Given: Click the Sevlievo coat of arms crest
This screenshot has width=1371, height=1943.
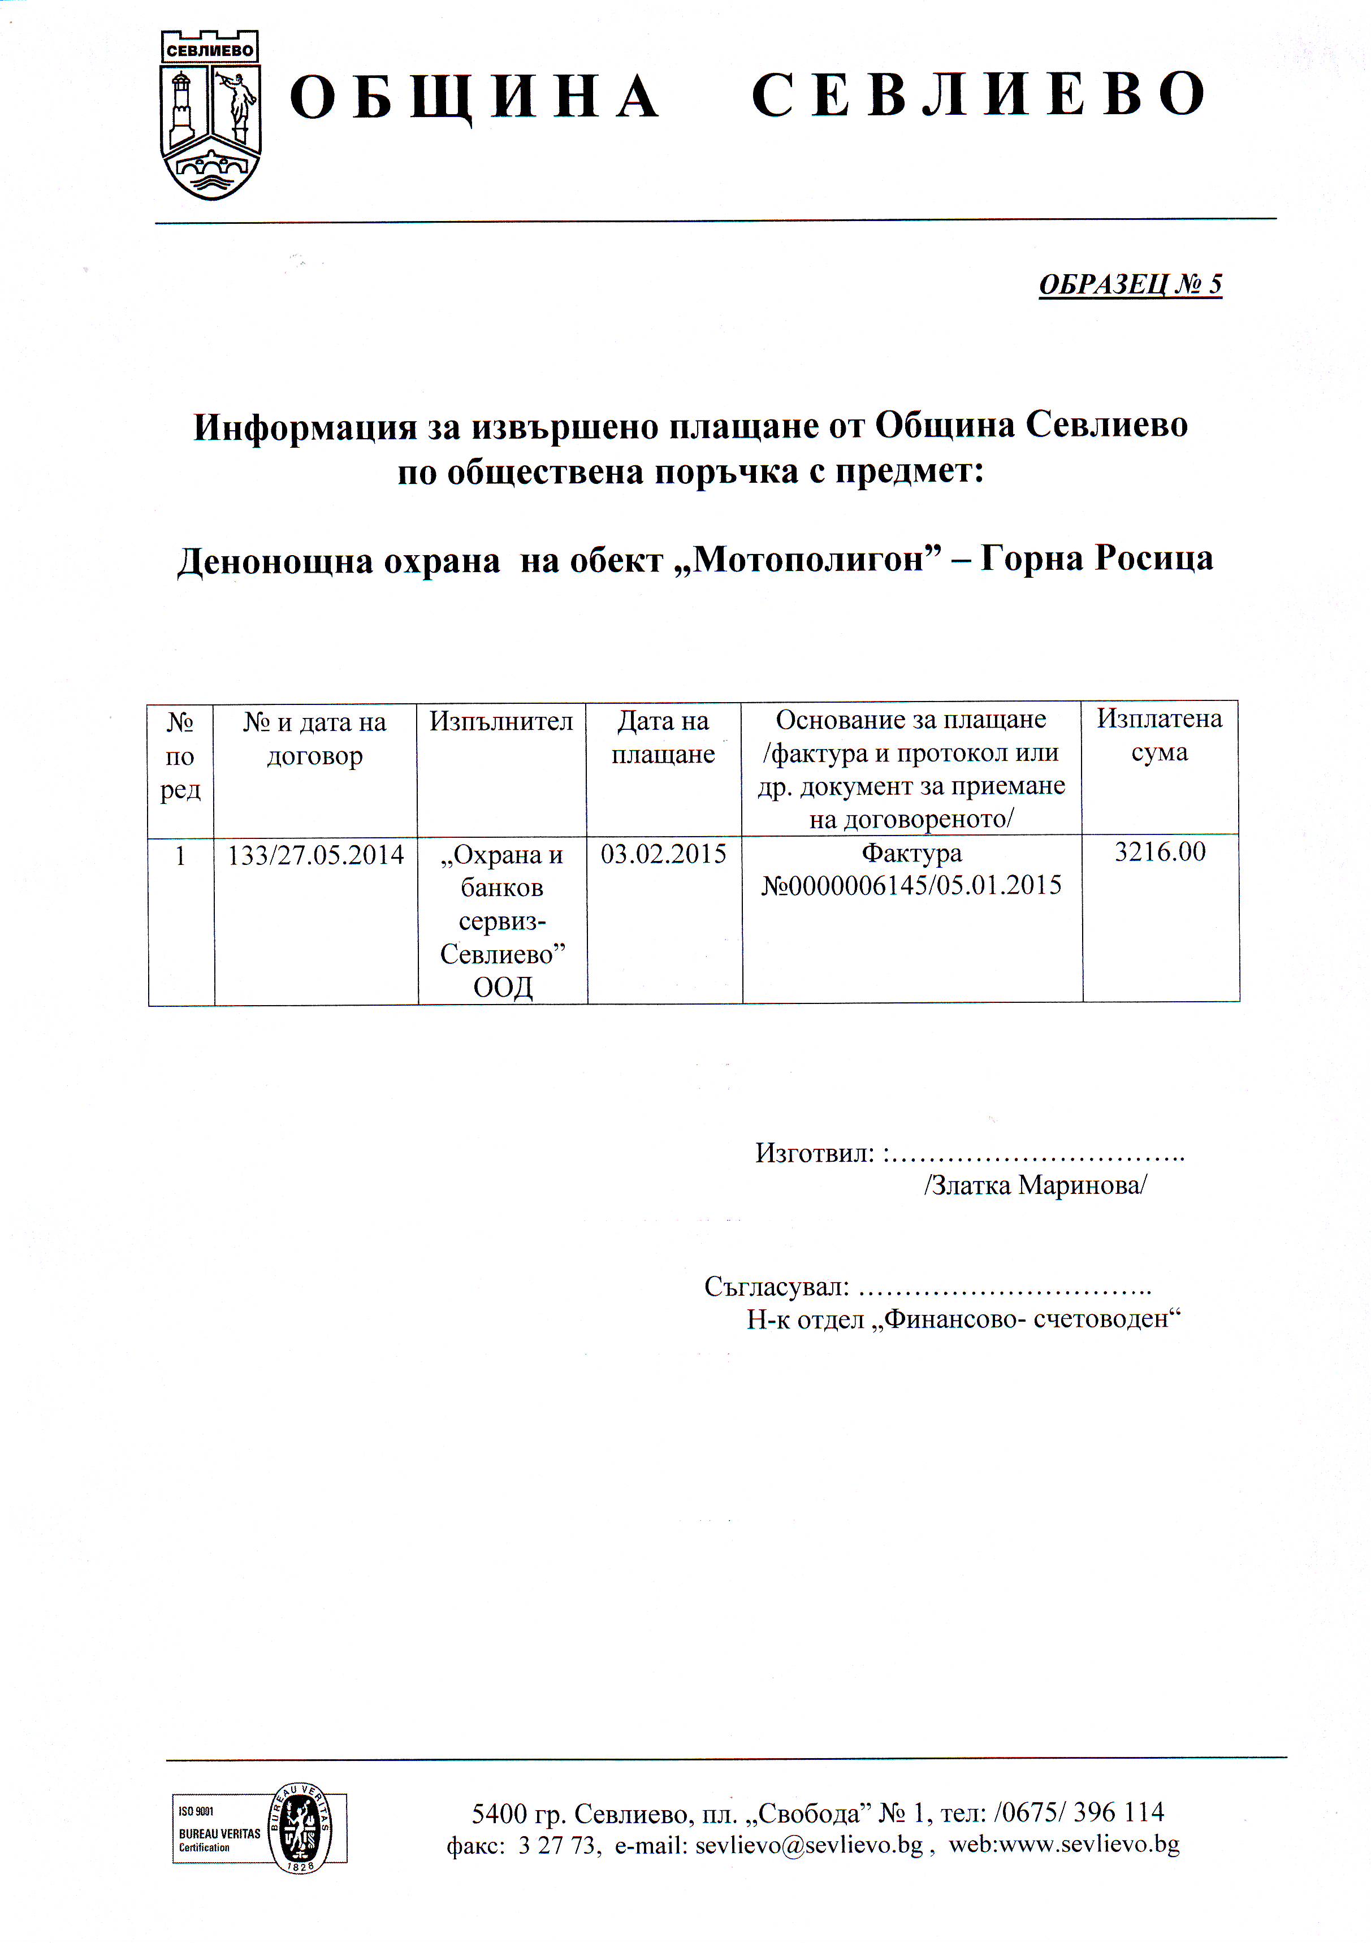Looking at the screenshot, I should [211, 116].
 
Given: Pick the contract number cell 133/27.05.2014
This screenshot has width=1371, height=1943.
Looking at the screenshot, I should [315, 855].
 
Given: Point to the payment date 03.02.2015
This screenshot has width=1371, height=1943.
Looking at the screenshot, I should [664, 854].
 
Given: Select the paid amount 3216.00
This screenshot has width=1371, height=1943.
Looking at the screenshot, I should [1160, 852].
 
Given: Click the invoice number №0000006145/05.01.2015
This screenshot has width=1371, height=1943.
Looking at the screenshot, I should [911, 886].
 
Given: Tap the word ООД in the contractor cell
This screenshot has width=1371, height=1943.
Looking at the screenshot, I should [503, 988].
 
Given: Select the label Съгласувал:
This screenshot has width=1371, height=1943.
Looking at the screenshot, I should [776, 1287].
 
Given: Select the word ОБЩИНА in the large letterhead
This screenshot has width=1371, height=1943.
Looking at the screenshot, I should [474, 97].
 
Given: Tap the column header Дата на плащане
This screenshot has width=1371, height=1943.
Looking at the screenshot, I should [664, 737].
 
